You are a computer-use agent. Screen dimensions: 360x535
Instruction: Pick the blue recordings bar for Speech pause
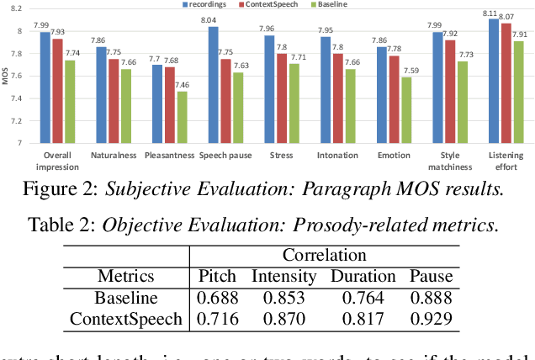pyautogui.click(x=213, y=85)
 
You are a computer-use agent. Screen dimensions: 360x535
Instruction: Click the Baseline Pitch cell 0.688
pyautogui.click(x=218, y=297)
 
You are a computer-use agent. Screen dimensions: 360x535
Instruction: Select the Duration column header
pyautogui.click(x=363, y=276)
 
